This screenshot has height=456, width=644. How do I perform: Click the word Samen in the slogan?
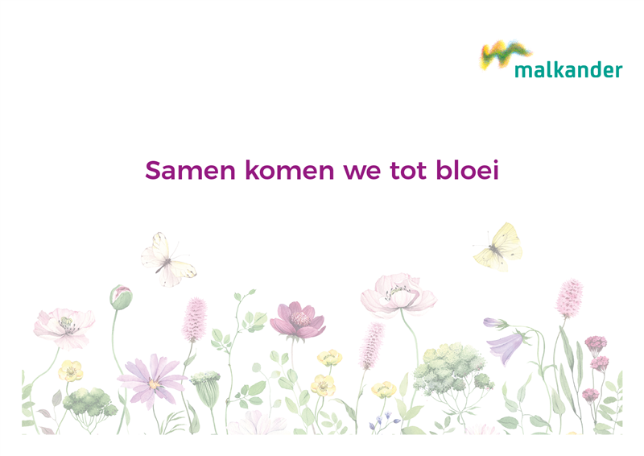pos(190,170)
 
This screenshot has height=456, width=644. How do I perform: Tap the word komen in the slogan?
pos(290,169)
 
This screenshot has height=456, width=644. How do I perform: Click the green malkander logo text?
pos(568,70)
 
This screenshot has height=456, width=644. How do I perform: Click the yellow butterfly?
pos(498,247)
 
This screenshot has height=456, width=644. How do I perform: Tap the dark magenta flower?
pos(298,321)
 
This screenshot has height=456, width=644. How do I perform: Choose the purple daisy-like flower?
pos(152,379)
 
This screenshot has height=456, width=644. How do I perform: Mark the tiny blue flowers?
pos(384,421)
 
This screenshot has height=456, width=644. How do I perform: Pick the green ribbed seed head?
pos(207,388)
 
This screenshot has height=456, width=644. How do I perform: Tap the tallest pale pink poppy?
pos(398,294)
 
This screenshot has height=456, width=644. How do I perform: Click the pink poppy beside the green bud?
pos(64,328)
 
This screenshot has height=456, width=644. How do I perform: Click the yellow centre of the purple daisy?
pos(154,384)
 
